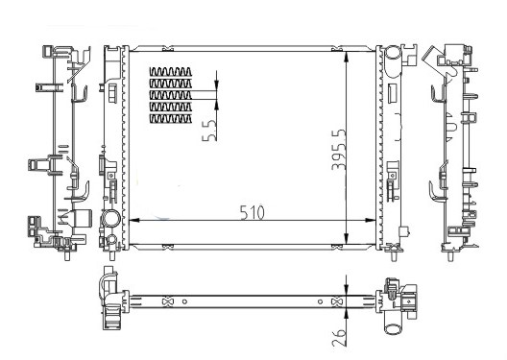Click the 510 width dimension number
coord(253,212)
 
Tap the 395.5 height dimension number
coord(339,150)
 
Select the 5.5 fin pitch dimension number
coord(209,131)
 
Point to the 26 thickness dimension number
coord(339,338)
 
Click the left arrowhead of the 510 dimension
coord(134,221)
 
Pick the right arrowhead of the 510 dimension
coord(371,221)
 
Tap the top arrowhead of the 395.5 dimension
coord(347,57)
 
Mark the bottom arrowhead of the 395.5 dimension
coord(347,239)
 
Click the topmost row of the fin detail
coord(171,71)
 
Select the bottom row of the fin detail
coord(171,119)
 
